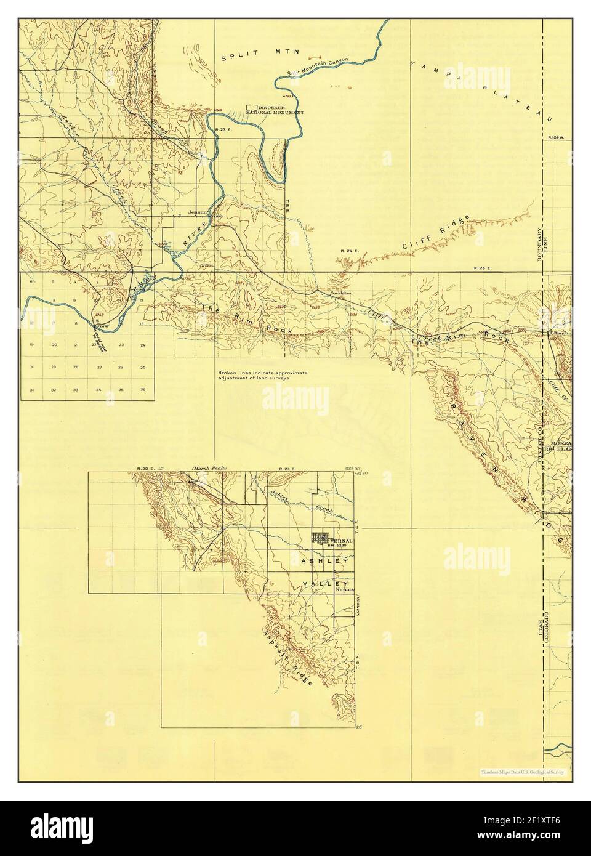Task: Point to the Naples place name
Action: click(x=345, y=590)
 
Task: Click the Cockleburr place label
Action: click(x=340, y=294)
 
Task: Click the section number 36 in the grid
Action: click(x=143, y=390)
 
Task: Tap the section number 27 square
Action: click(x=99, y=367)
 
